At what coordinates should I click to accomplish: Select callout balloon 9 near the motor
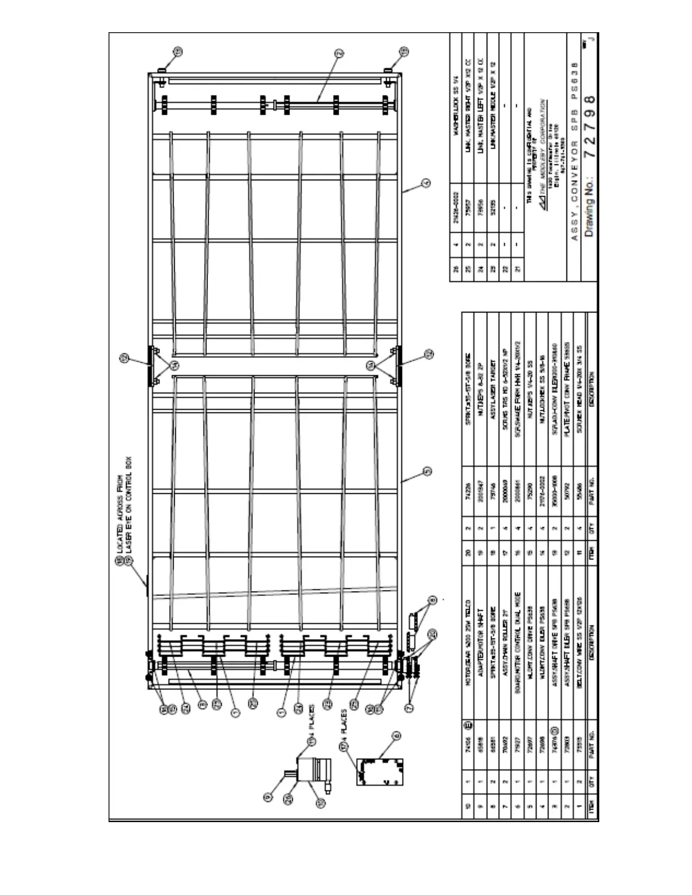[269, 797]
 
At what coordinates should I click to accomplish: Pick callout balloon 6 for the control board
[396, 735]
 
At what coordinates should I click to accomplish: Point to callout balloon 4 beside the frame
[426, 183]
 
